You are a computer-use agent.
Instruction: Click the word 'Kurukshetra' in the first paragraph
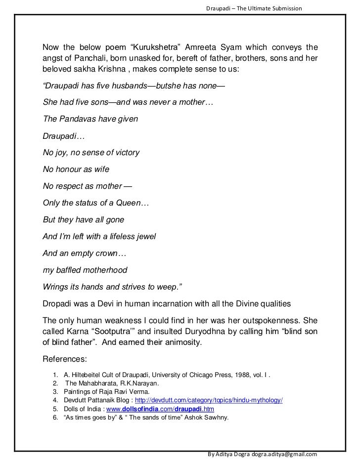coord(158,47)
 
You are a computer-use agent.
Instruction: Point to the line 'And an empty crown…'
coord(85,254)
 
